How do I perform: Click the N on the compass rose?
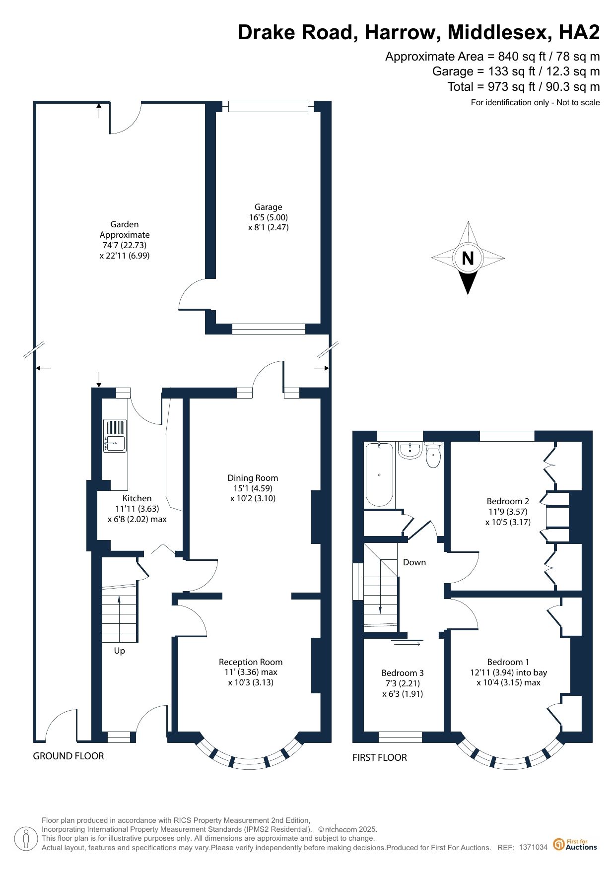tap(468, 258)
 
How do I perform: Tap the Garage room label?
tap(269, 207)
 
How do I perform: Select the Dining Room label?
tap(253, 478)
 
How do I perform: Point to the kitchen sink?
tap(115, 436)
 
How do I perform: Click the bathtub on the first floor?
tap(379, 474)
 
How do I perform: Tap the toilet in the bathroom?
tap(433, 455)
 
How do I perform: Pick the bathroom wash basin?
tap(410, 451)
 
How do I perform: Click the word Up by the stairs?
tap(120, 651)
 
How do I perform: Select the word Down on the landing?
tap(414, 562)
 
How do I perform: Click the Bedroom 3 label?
tap(403, 673)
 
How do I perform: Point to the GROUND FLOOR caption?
tap(68, 756)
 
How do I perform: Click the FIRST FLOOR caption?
tap(380, 757)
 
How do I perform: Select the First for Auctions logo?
tap(575, 844)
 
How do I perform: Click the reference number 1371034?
tap(533, 847)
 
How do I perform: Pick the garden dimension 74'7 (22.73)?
tap(125, 245)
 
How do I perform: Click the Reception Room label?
tap(251, 662)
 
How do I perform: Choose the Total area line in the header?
tap(524, 87)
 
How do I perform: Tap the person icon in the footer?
tap(26, 839)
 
